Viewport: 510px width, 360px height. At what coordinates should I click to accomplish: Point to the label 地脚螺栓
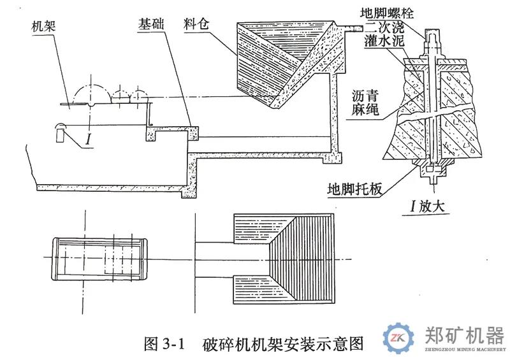386,10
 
